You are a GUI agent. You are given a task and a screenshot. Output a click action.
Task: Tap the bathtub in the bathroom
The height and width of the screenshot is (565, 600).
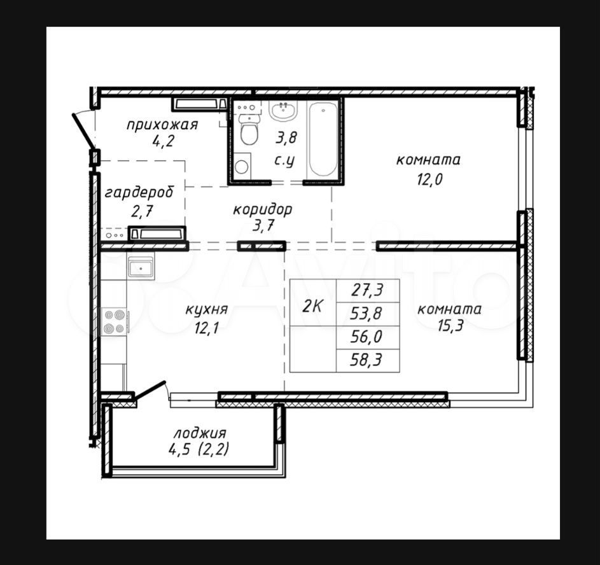click(x=323, y=139)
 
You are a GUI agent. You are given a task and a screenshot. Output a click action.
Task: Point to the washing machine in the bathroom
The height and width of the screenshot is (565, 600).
click(x=242, y=165)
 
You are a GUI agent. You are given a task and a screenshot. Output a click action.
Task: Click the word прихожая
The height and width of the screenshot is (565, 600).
click(x=162, y=125)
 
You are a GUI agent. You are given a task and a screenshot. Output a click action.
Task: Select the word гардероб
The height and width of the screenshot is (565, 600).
click(x=139, y=192)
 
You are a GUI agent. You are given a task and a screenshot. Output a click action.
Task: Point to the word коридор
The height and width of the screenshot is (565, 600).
click(x=263, y=209)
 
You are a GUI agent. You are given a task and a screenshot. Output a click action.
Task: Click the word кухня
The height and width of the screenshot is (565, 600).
click(x=207, y=309)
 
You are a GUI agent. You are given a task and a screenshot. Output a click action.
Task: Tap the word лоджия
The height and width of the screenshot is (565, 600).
click(x=200, y=433)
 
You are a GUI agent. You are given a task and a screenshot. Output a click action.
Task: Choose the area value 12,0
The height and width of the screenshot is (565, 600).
click(x=429, y=179)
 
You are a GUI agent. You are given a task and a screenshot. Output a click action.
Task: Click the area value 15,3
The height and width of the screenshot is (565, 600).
click(x=450, y=326)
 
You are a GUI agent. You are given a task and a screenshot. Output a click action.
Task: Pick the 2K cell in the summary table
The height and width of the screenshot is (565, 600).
click(x=313, y=306)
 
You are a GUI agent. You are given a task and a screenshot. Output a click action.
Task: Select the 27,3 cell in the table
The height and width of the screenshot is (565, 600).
click(x=368, y=291)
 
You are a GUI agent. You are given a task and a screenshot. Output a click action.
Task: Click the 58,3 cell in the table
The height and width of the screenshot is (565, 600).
click(x=366, y=360)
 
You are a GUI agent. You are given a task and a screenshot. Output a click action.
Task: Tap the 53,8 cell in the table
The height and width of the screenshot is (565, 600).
click(x=366, y=314)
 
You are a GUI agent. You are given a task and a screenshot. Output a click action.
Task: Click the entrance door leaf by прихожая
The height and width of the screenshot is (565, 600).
click(x=83, y=130)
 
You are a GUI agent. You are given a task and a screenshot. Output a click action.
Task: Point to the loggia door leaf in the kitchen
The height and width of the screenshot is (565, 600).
click(x=150, y=390)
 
